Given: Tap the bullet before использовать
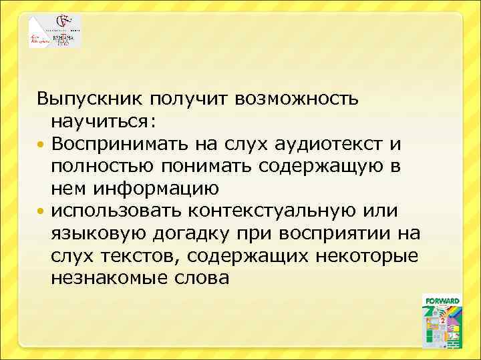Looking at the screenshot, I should pyautogui.click(x=42, y=211).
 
